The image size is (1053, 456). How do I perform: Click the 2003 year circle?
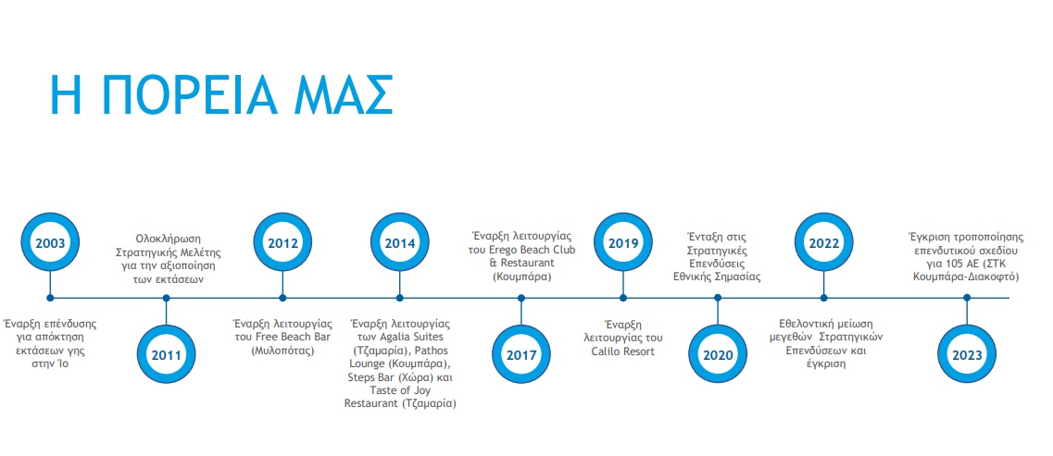click(x=50, y=242)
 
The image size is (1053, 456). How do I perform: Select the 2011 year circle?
click(x=166, y=355)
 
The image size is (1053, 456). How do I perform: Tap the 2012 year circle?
click(x=282, y=242)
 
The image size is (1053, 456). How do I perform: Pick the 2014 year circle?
click(x=399, y=242)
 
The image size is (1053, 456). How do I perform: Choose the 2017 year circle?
click(x=520, y=355)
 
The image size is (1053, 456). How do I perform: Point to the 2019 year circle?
click(x=623, y=242)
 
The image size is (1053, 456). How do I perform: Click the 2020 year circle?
click(x=718, y=355)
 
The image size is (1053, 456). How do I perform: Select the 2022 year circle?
click(x=824, y=242)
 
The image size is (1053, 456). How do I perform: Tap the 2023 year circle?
click(x=966, y=355)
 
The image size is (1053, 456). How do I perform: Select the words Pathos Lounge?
click(x=405, y=357)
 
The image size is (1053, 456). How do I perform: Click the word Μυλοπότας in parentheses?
click(x=282, y=351)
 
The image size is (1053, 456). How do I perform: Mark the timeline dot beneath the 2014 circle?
click(x=399, y=298)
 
